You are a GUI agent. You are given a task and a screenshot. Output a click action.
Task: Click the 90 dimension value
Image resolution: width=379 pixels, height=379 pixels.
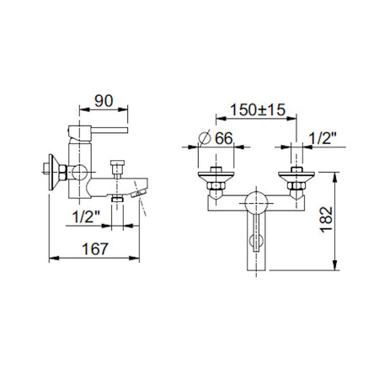(104, 101)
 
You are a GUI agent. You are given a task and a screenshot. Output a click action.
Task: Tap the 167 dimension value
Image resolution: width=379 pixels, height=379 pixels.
(95, 249)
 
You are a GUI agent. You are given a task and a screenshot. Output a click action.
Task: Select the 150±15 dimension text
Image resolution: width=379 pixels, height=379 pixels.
(258, 109)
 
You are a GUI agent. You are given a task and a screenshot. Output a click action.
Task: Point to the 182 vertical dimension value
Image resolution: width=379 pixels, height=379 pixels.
(327, 220)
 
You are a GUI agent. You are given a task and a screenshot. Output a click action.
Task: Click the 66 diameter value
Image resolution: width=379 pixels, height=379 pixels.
(224, 138)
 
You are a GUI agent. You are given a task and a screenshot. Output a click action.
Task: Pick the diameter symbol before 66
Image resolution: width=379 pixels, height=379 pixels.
(205, 137)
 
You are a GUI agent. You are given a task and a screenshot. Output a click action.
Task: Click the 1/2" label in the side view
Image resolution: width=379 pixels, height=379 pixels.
(86, 217)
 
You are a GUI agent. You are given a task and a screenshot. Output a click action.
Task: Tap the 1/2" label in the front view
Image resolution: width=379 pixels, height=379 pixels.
(323, 138)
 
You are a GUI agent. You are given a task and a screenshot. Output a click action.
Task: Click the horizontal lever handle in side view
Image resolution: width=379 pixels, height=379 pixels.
(109, 130)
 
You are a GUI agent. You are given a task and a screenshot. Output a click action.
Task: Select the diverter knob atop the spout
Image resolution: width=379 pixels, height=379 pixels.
(117, 168)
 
